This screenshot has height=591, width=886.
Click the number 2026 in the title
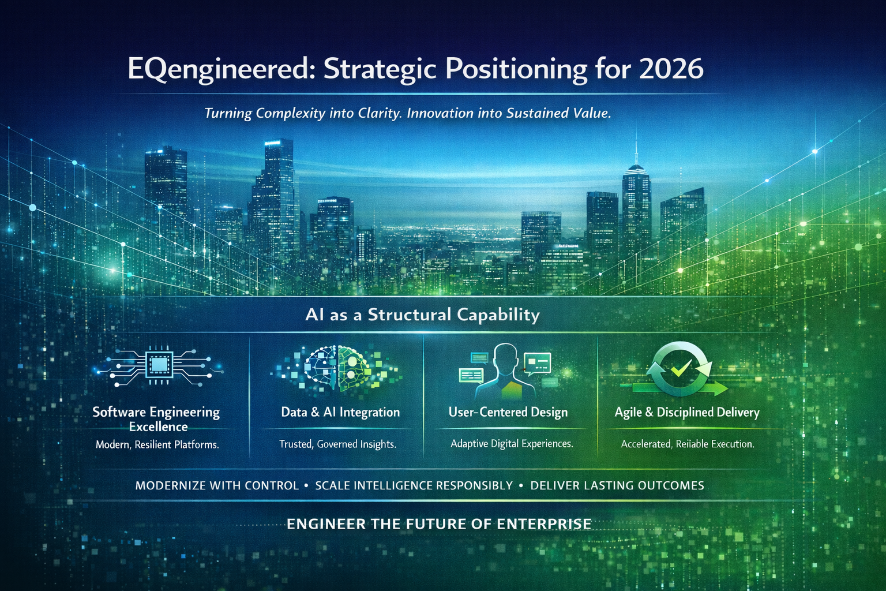click(671, 69)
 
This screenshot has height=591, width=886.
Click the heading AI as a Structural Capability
click(422, 315)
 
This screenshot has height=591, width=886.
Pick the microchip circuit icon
click(157, 364)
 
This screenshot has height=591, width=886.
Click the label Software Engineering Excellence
click(156, 419)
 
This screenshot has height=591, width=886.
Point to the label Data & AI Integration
click(340, 412)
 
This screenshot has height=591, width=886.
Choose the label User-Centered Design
click(508, 412)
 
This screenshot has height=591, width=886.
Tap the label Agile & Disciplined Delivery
click(686, 412)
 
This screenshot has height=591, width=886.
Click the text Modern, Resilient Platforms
click(157, 444)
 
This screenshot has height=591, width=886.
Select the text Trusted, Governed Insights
click(337, 444)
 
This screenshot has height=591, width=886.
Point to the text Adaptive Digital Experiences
click(512, 444)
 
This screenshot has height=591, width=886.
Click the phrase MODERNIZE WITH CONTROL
click(217, 485)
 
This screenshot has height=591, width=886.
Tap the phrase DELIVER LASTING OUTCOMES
click(617, 485)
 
